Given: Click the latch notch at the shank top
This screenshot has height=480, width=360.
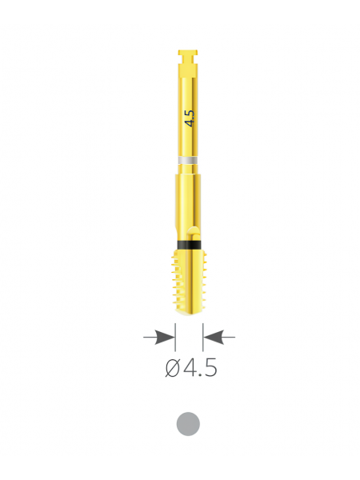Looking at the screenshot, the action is [188, 57].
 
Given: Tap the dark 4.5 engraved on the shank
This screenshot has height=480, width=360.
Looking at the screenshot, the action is [190, 118].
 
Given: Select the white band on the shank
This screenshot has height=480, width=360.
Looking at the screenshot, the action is [188, 161].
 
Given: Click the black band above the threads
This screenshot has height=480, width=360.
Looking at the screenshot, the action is [189, 245].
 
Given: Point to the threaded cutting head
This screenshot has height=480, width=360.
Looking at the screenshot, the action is [189, 282].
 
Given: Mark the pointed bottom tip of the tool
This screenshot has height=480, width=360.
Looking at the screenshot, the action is [188, 314].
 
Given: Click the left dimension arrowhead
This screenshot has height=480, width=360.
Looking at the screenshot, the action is [165, 337].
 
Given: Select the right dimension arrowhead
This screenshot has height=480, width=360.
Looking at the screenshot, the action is [214, 337].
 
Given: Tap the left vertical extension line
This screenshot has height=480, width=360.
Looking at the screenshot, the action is [175, 337].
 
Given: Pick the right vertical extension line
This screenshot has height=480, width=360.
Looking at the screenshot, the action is [203, 337].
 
